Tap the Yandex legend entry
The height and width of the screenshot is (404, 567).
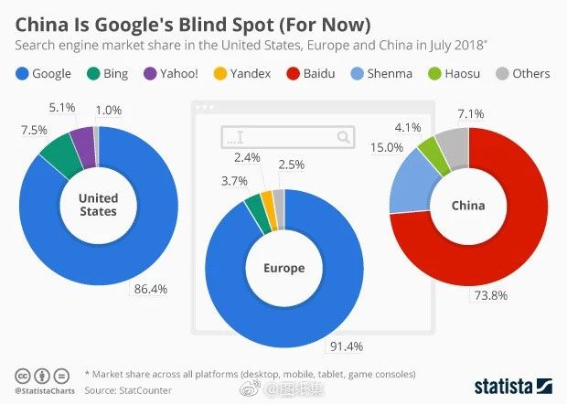tap(242, 73)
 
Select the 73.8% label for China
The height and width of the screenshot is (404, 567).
tap(489, 295)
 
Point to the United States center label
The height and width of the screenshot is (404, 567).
tap(98, 205)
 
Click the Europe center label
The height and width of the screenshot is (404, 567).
tap(283, 269)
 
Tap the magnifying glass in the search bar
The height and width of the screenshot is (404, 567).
tap(344, 138)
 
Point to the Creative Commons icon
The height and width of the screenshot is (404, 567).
tap(22, 376)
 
